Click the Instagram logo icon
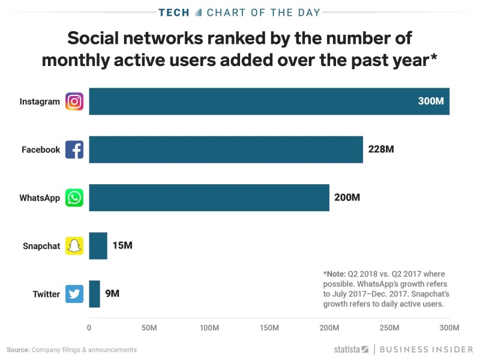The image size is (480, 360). point(74,101)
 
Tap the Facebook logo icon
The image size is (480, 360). point(74,149)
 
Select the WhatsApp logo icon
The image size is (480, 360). point(74,197)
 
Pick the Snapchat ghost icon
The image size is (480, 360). point(74,246)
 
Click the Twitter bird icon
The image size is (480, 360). point(74,294)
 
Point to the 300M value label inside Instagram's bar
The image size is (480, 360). point(431,101)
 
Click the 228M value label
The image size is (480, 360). point(381,149)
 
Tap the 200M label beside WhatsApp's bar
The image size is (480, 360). point(347,197)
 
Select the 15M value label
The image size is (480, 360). point(122,246)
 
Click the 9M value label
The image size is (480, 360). point(113,294)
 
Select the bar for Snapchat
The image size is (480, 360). point(98,246)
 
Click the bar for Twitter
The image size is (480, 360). point(94,294)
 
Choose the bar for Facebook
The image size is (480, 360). point(226,149)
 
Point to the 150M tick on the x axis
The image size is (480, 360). point(269,328)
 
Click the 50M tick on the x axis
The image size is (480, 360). point(149,328)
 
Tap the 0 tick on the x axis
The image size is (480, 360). point(89,328)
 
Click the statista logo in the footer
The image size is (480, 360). point(351,349)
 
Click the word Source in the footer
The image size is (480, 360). point(17,350)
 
